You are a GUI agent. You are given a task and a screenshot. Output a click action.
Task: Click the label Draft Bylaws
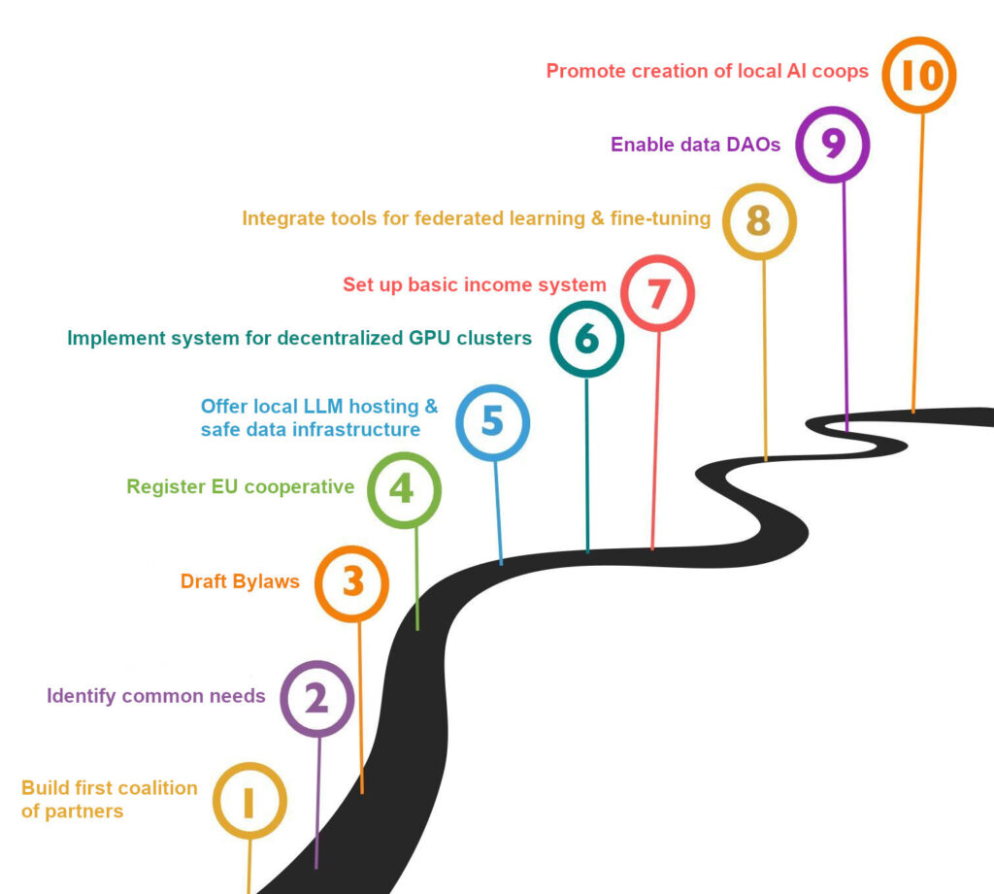click(x=240, y=581)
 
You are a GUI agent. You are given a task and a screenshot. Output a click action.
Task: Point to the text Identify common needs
click(x=156, y=696)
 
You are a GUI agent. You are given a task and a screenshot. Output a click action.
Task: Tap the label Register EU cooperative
click(x=241, y=486)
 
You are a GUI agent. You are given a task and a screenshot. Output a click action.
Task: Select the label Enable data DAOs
click(x=695, y=145)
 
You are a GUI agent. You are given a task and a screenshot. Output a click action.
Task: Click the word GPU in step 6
click(x=430, y=338)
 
